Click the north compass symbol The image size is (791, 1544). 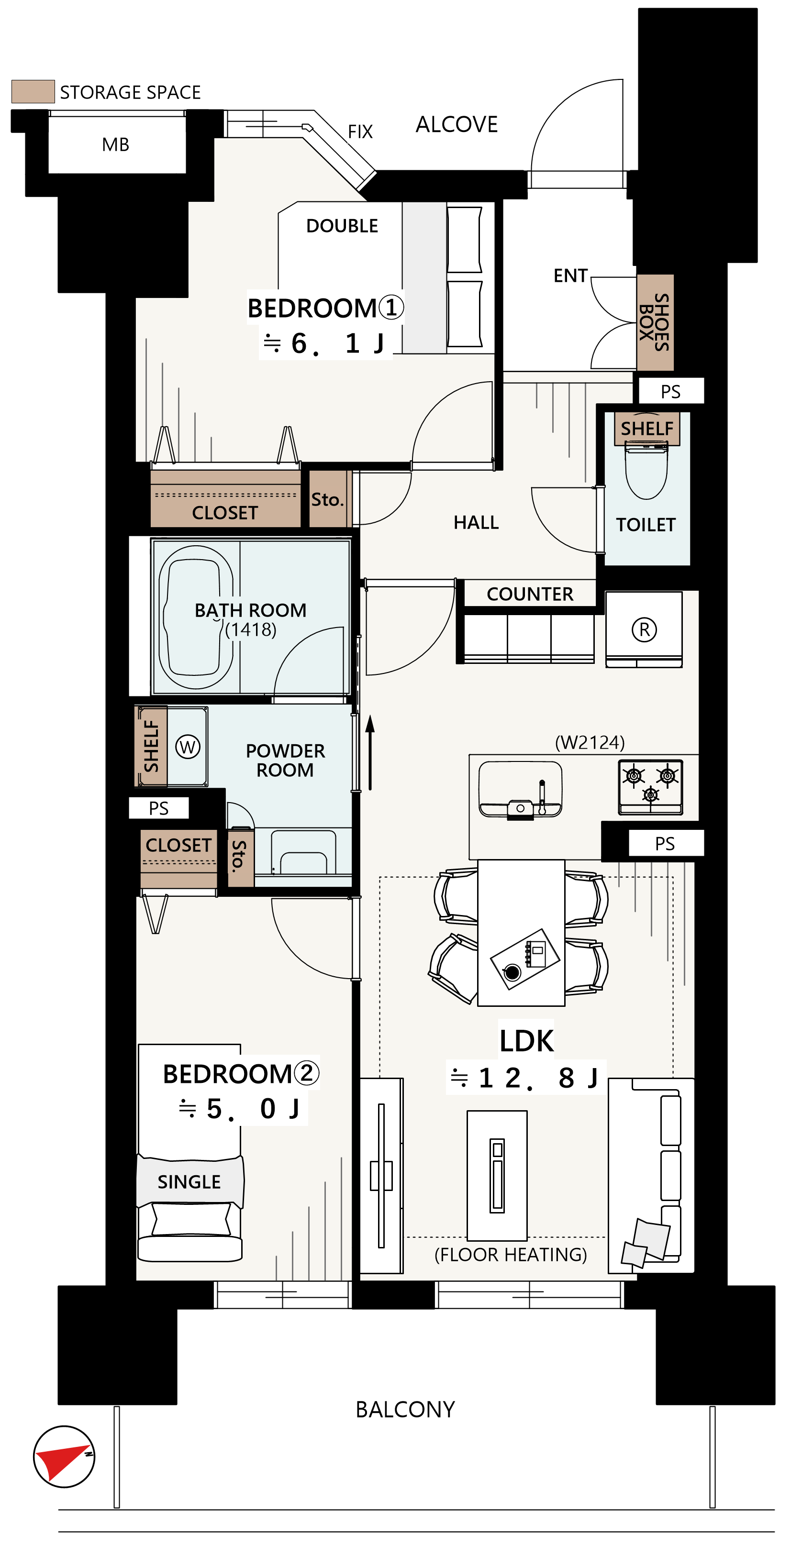coord(64,1456)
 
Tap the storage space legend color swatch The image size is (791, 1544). coord(33,91)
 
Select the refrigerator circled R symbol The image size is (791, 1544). coord(644,629)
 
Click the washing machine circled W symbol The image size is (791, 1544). coord(188,747)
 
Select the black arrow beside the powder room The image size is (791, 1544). coord(370,752)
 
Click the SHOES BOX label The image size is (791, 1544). coord(654,322)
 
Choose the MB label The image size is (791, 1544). coord(116,144)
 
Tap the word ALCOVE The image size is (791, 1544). coord(457,124)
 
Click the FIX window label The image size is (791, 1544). coord(360,131)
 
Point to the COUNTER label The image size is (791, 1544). coord(530,594)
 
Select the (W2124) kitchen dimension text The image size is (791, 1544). coord(590,743)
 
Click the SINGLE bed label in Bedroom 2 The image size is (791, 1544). coord(189,1181)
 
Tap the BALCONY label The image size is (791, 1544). coord(405,1409)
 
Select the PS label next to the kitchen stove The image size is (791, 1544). coord(665,843)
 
